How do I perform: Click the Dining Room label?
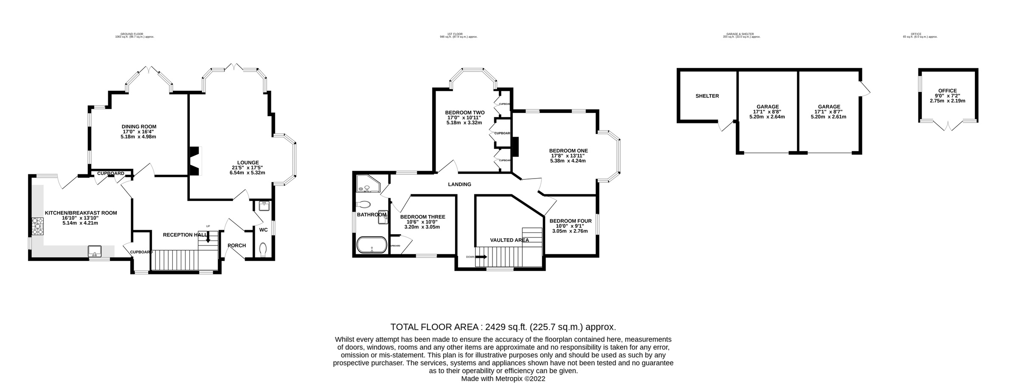pyautogui.click(x=139, y=126)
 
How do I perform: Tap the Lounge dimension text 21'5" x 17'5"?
pyautogui.click(x=248, y=168)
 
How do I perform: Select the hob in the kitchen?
pyautogui.click(x=37, y=226)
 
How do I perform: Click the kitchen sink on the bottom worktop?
pyautogui.click(x=95, y=251)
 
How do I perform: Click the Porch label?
pyautogui.click(x=236, y=246)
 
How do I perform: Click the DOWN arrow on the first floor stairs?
pyautogui.click(x=482, y=257)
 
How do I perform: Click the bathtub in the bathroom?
pyautogui.click(x=372, y=245)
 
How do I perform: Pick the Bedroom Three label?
pyautogui.click(x=422, y=217)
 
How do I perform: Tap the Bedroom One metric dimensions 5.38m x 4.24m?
pyautogui.click(x=568, y=161)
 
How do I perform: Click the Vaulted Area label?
pyautogui.click(x=509, y=240)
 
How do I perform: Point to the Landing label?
pyautogui.click(x=459, y=185)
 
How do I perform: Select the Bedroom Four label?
pyautogui.click(x=570, y=221)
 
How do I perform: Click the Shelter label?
pyautogui.click(x=707, y=96)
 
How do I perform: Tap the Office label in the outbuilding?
pyautogui.click(x=947, y=91)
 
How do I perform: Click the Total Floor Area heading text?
pyautogui.click(x=503, y=327)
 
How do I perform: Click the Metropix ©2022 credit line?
pyautogui.click(x=503, y=379)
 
